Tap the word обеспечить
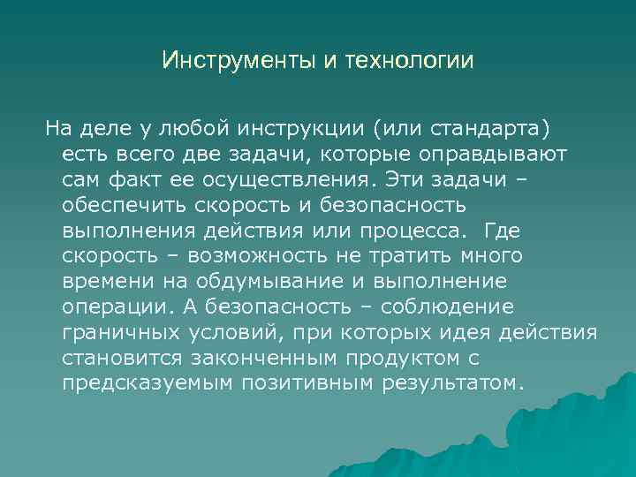pos(112,206)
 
